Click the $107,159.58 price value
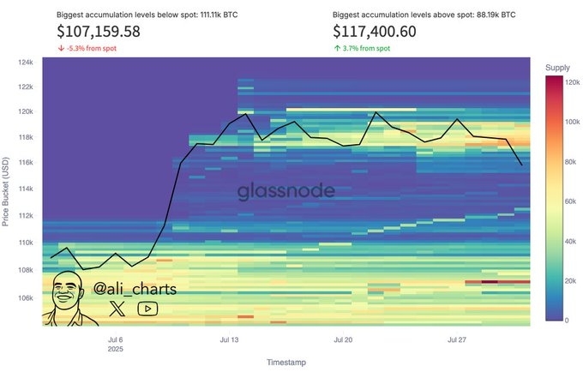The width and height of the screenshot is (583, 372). [x=99, y=32]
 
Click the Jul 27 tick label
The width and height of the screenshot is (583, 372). [x=457, y=339]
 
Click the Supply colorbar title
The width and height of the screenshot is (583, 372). [x=557, y=67]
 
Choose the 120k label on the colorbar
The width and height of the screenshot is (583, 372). [x=572, y=81]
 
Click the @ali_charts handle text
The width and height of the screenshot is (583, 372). [x=135, y=289]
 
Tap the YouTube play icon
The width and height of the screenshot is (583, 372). [x=147, y=309]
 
